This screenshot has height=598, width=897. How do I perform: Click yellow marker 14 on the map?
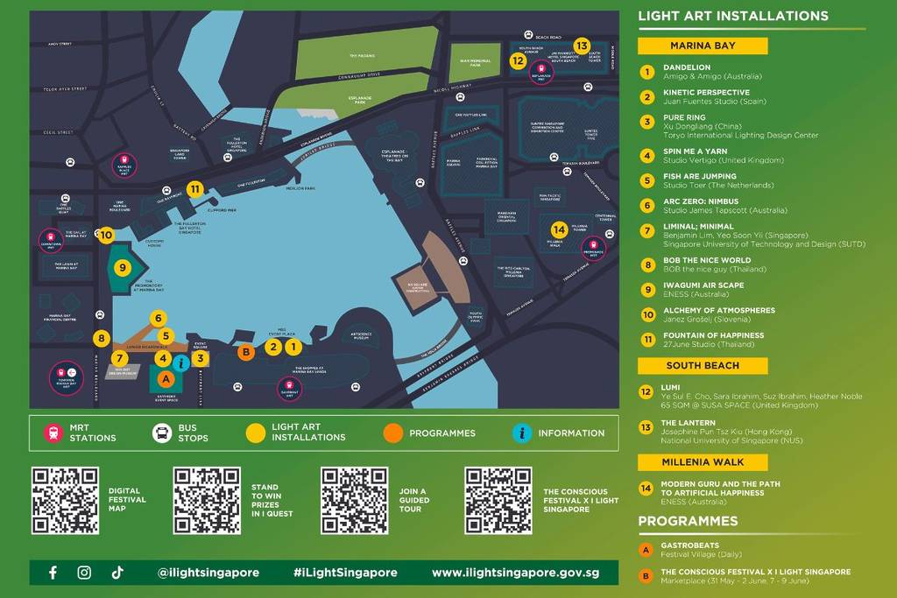(559, 229)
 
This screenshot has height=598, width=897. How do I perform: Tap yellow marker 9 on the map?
(123, 267)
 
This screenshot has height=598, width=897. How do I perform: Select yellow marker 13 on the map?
(582, 46)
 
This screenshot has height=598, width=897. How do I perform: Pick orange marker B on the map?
(247, 352)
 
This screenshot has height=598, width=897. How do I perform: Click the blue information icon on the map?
(181, 362)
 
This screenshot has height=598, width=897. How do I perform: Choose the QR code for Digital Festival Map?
(65, 500)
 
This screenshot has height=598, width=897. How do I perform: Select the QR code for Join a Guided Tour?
(354, 500)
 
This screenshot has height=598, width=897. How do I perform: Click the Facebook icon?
(53, 573)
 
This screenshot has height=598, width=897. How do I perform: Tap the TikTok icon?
(117, 573)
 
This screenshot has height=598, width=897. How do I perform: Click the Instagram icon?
(84, 573)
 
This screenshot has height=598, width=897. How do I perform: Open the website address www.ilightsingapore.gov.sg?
(515, 573)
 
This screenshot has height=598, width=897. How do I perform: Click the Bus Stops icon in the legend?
(162, 433)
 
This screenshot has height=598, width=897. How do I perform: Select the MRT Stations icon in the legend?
(53, 433)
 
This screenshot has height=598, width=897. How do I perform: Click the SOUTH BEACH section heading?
(702, 366)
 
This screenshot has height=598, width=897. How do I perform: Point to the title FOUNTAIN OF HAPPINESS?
(713, 335)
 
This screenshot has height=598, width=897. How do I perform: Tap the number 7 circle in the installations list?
(646, 231)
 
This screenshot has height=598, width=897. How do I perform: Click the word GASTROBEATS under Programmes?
(689, 545)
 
